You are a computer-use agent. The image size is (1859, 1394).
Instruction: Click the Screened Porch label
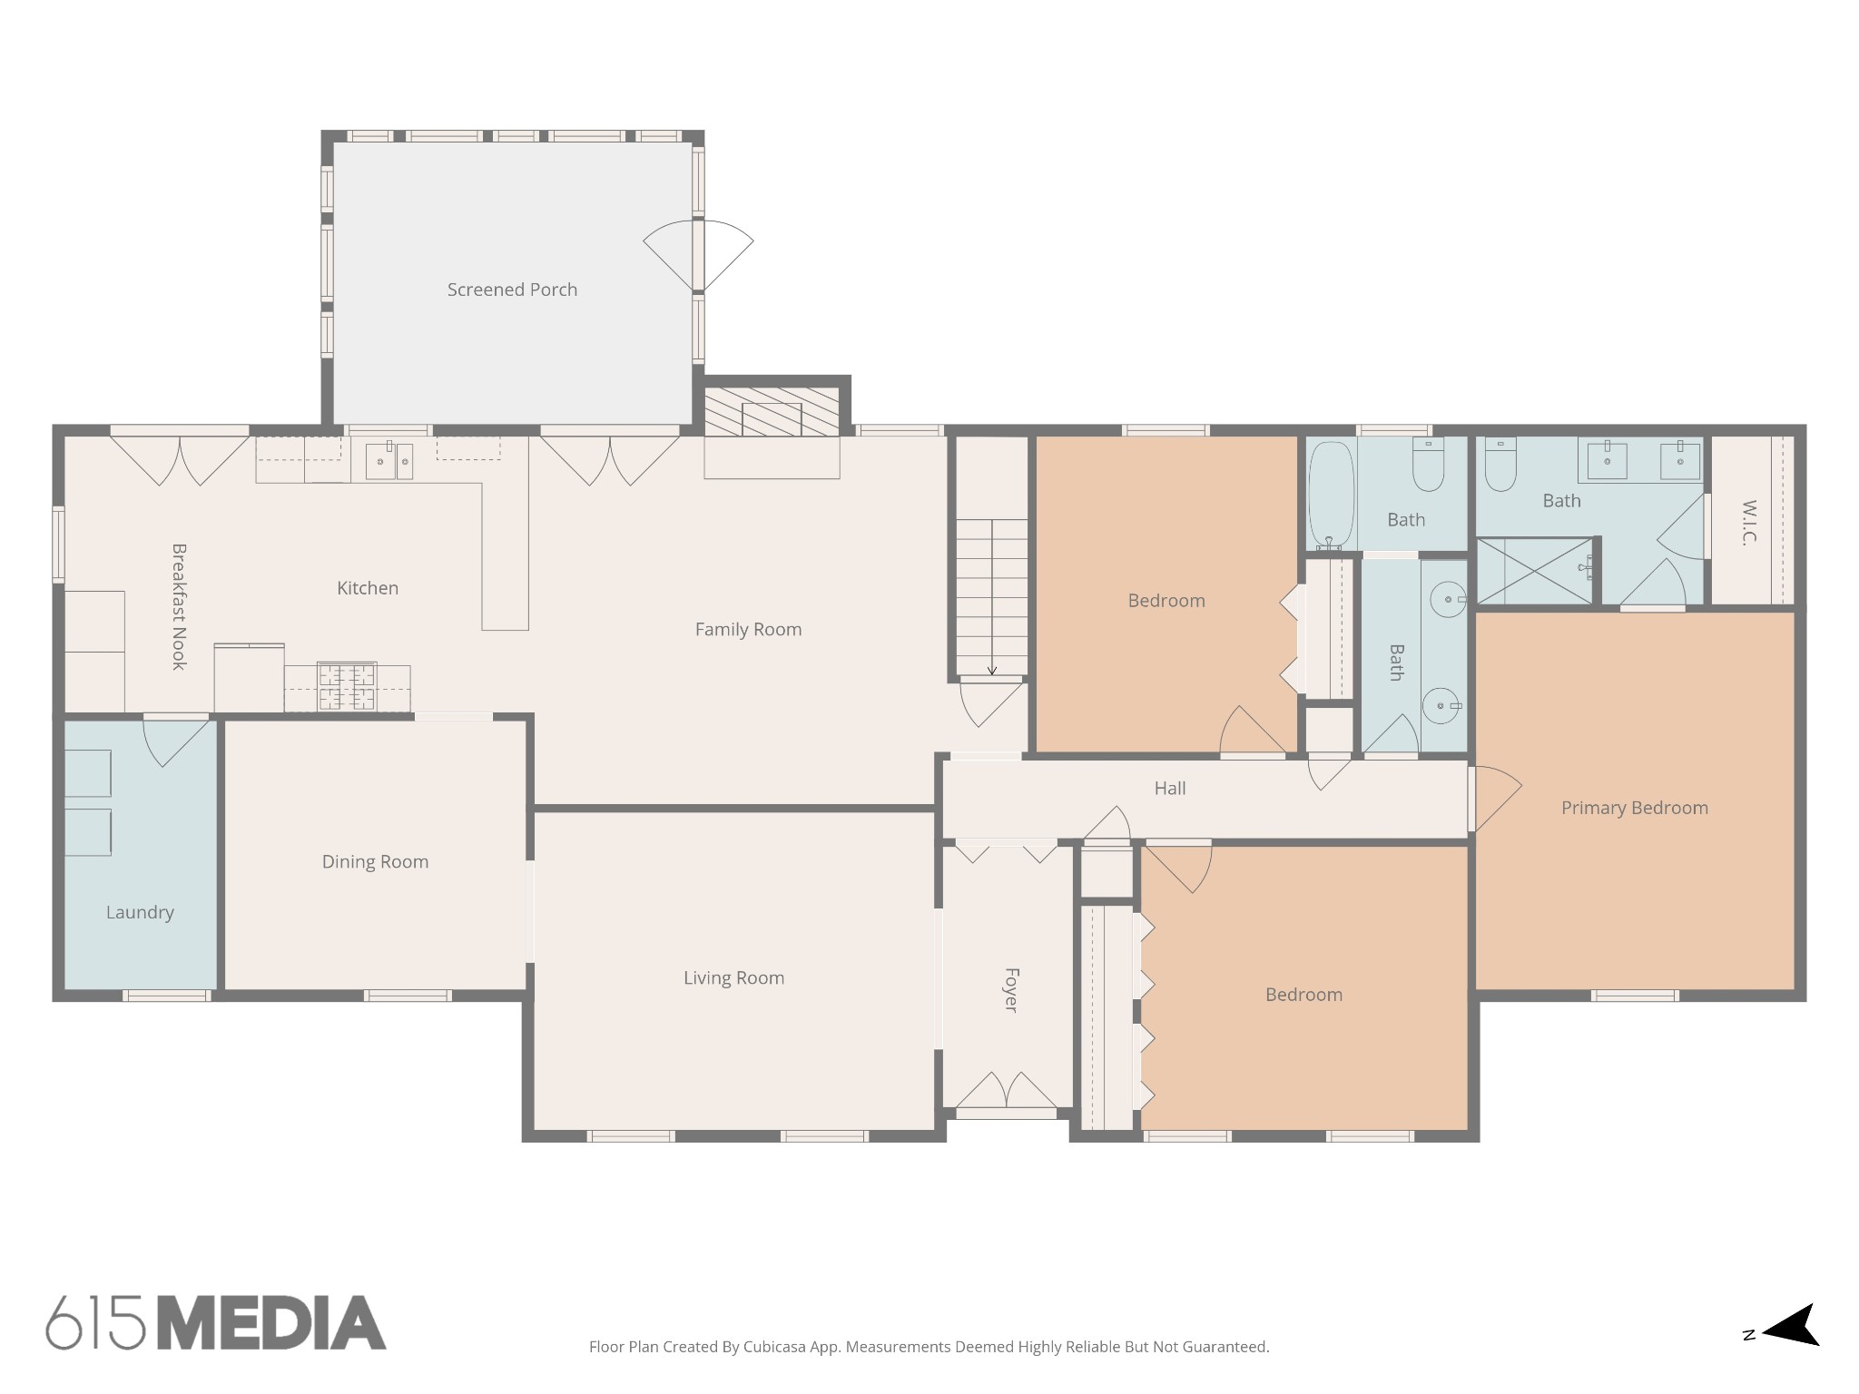512,290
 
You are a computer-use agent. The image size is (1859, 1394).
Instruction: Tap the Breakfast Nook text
179,606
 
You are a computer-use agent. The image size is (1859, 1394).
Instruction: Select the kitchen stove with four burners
346,687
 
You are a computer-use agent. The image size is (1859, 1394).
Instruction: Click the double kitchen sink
389,461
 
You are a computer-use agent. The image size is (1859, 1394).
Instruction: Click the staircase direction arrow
992,669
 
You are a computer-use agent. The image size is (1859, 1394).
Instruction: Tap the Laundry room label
140,912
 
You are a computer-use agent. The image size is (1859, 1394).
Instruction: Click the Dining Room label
375,861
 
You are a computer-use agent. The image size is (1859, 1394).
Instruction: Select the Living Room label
733,977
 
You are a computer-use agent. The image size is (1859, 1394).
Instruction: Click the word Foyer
1010,990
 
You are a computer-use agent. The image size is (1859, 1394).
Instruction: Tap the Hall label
1170,788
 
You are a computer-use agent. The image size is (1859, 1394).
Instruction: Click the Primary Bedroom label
1634,808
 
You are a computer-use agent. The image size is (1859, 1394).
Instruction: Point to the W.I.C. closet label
1749,522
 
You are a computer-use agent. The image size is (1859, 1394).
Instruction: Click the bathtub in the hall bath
1331,496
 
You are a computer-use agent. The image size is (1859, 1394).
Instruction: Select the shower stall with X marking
1534,571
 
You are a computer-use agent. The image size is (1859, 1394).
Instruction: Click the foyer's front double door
1007,1092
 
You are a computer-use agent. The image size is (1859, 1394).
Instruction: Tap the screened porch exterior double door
698,255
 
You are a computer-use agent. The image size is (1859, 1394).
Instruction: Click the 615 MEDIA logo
216,1322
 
